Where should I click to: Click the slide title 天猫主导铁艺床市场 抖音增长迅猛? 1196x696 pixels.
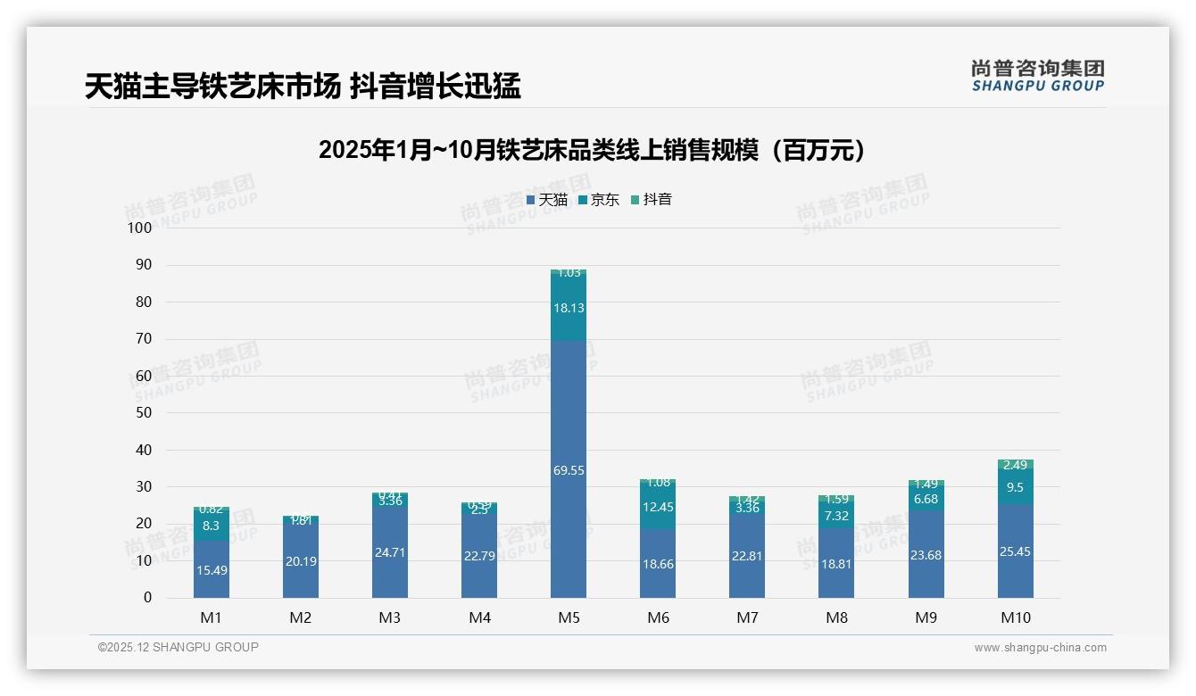tap(303, 87)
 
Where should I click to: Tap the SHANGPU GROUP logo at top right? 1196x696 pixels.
tap(1037, 76)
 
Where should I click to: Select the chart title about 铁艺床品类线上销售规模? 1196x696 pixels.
tap(592, 150)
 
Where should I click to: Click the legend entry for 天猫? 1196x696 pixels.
tap(547, 200)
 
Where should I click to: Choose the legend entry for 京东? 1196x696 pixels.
tap(599, 200)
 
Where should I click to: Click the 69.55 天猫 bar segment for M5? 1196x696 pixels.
tap(569, 470)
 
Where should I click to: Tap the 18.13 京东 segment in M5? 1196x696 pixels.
tap(569, 308)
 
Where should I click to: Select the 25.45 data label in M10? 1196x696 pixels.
tap(1015, 552)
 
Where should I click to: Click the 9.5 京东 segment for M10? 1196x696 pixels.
tap(1015, 487)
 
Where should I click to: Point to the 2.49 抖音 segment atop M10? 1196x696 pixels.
tap(1015, 465)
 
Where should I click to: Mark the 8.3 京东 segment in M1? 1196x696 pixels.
tap(212, 526)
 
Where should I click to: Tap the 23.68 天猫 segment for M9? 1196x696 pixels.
tap(926, 555)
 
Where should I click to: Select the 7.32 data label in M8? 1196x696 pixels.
tap(836, 516)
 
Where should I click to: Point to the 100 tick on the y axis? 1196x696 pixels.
tap(140, 228)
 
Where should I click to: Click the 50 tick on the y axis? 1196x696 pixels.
tap(144, 413)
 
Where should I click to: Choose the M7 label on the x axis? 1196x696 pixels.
tap(747, 617)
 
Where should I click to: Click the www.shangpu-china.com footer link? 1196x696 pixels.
tap(1040, 648)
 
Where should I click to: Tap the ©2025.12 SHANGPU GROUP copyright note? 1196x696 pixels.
tap(179, 648)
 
